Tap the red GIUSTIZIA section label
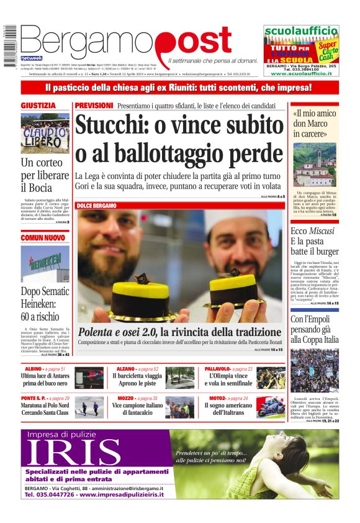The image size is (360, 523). point(38,106)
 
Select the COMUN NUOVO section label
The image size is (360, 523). point(43,237)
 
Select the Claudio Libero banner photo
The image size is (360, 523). point(45,134)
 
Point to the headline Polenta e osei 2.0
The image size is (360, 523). point(118,332)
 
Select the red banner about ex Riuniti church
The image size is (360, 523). point(179,88)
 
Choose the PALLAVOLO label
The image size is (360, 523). point(218,369)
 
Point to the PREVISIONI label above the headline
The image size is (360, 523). point(94,106)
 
